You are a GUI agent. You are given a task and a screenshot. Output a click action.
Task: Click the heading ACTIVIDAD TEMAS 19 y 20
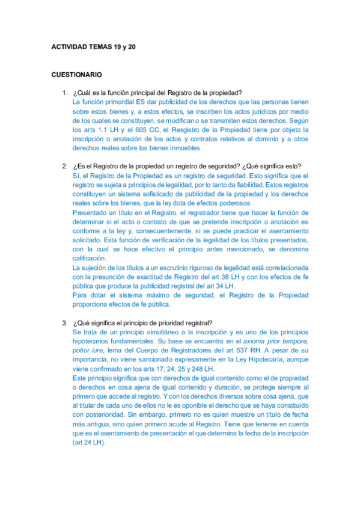point(93,46)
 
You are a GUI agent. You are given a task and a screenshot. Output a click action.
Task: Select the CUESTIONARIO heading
point(76,75)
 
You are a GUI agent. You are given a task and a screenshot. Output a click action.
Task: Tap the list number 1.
point(64,93)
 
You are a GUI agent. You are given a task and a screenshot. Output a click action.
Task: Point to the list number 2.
point(64,167)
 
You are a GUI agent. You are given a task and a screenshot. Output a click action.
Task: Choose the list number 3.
point(64,322)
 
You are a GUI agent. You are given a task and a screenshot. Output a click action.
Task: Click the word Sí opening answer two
point(75,176)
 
